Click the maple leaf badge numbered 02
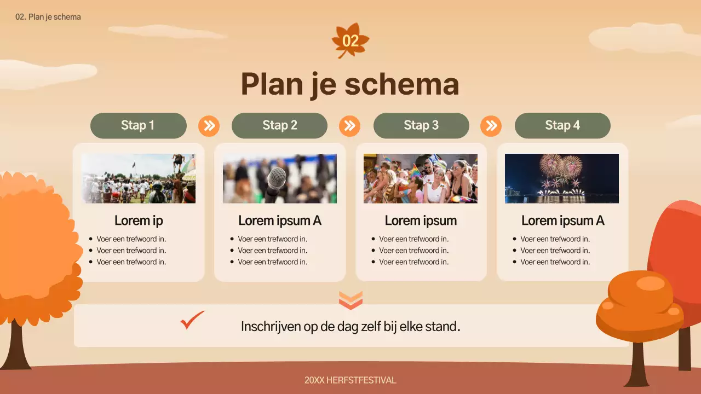(350, 40)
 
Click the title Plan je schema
(350, 84)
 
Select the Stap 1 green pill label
(138, 125)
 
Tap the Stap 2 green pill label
(279, 125)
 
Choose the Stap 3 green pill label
(421, 125)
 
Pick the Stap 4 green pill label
(562, 125)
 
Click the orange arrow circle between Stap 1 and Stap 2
(209, 126)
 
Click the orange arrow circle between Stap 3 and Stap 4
(491, 126)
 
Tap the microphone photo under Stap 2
(279, 178)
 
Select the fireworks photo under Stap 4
(562, 178)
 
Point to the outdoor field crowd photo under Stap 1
(139, 178)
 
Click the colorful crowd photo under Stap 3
(421, 178)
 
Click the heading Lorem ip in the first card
(139, 221)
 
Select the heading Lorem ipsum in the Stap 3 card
(421, 221)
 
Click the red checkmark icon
(192, 321)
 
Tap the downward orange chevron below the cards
(350, 300)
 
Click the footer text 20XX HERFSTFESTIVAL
(350, 380)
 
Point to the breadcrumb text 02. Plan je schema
(48, 17)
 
